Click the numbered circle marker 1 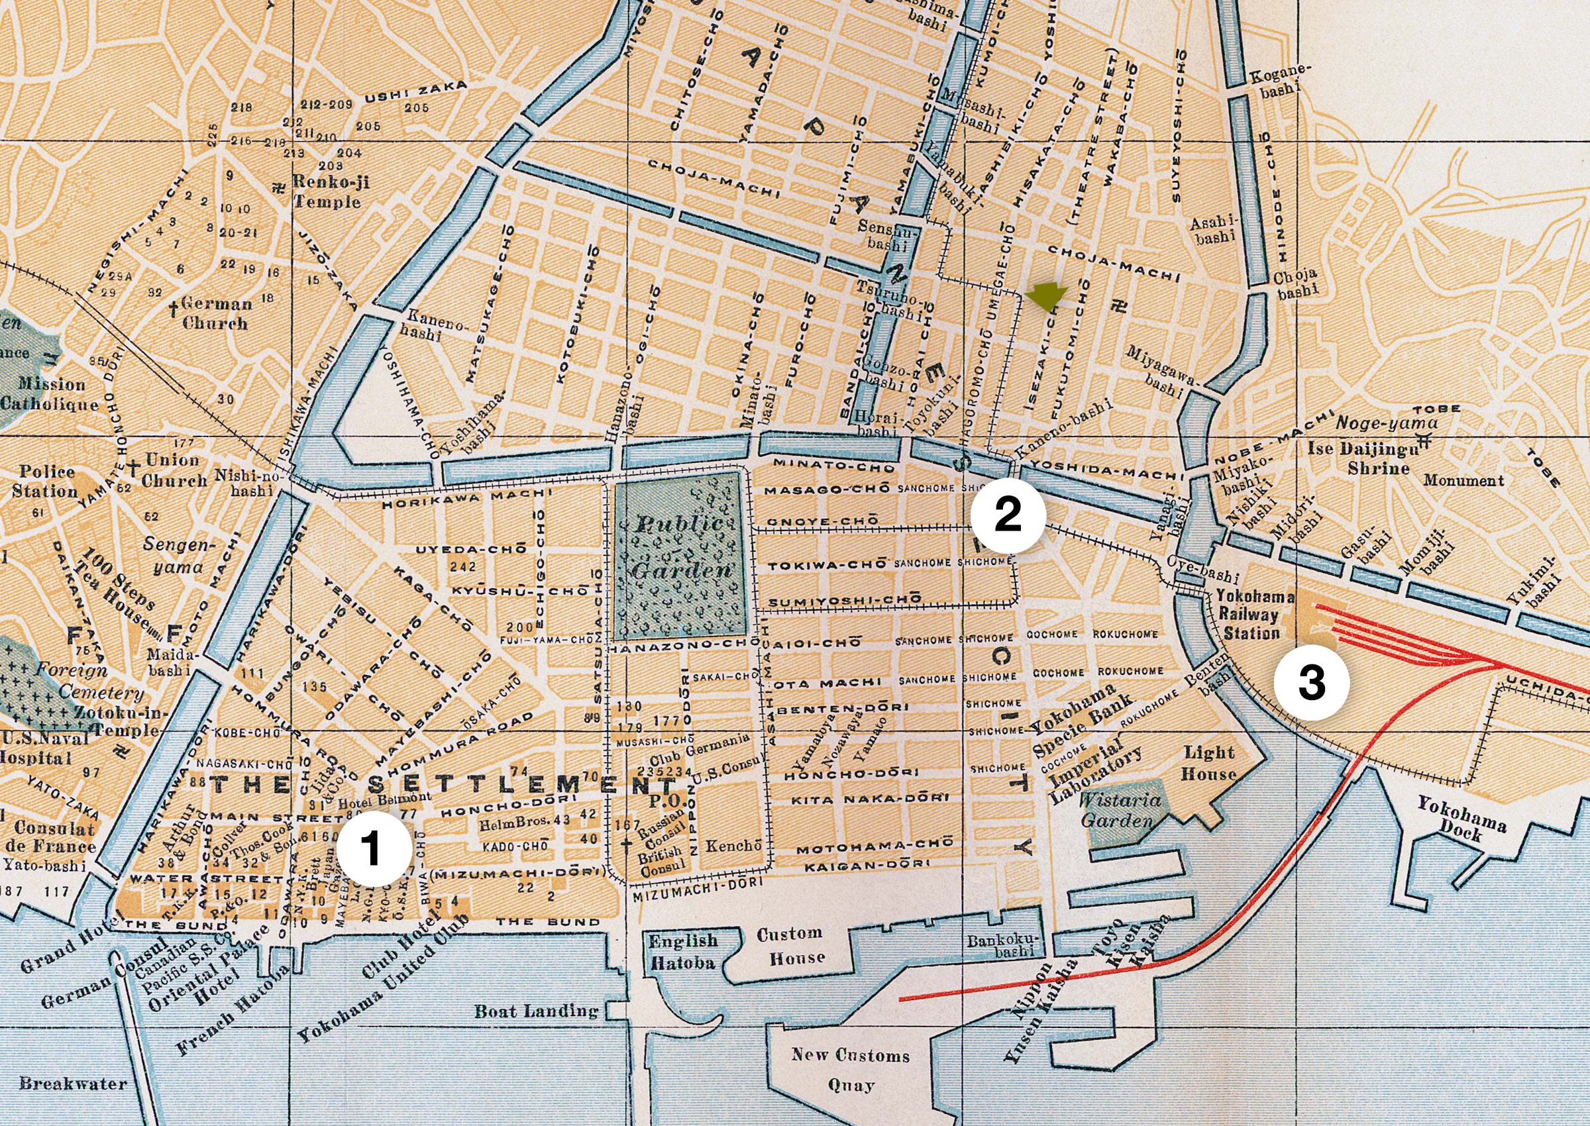coord(373,850)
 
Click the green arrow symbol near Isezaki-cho coord(1045,297)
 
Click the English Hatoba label coord(682,952)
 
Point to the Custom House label coord(790,945)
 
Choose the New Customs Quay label coord(850,1070)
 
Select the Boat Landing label coord(536,1010)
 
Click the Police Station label coord(47,481)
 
